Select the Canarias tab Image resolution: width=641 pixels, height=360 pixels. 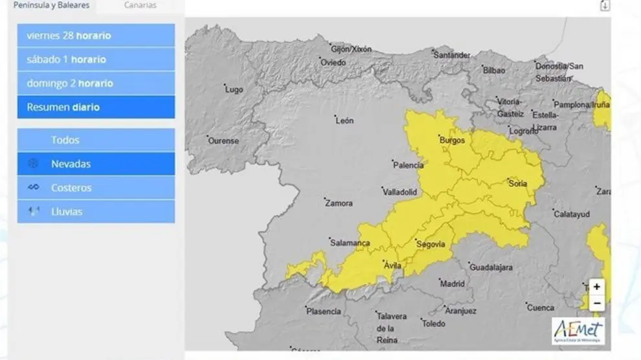[x=140, y=5]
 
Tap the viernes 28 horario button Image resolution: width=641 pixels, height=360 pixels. [x=96, y=36]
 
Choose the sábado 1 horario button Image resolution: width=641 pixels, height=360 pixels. [x=96, y=60]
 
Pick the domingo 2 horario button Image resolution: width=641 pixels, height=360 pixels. [x=96, y=84]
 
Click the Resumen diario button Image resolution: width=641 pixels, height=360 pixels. [x=96, y=107]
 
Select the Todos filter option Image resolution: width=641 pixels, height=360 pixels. [x=96, y=140]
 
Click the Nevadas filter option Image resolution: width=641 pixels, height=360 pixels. [x=96, y=164]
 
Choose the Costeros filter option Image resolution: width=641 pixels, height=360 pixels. [x=96, y=188]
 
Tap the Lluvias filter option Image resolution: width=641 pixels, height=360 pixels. [x=96, y=212]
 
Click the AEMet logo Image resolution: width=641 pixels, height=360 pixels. [x=578, y=331]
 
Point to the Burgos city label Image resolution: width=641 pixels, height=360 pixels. [x=452, y=140]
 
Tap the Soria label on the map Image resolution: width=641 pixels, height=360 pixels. [x=518, y=183]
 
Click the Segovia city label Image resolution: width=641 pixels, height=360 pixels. [x=431, y=244]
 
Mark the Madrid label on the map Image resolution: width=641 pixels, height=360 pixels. [x=452, y=284]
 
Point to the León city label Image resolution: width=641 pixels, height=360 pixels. [x=345, y=121]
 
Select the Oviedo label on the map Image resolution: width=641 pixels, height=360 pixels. [x=334, y=63]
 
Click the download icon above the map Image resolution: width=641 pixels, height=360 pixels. [x=605, y=6]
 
